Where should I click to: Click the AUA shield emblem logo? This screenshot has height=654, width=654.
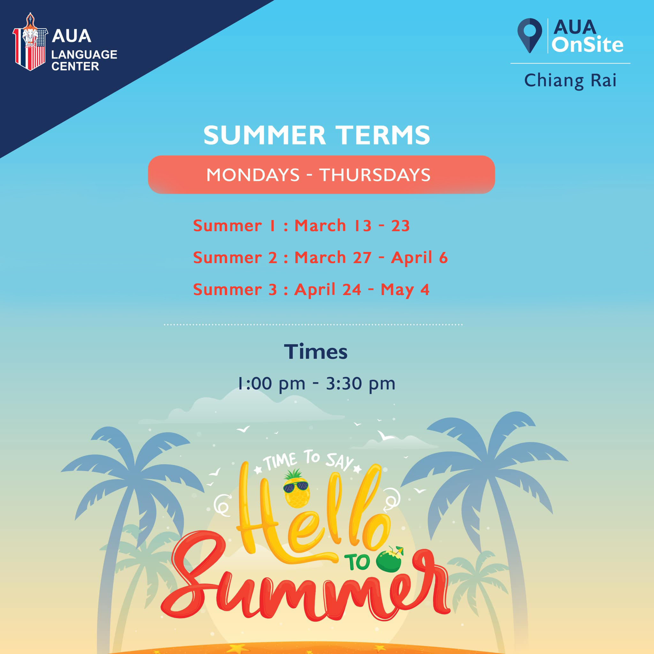point(30,42)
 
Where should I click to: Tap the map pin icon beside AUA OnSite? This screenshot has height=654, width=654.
point(530,35)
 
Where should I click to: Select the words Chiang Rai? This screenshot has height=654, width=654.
point(570,80)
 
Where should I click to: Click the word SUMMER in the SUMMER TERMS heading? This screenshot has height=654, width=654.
point(264,135)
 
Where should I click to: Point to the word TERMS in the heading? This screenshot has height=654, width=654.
point(383,135)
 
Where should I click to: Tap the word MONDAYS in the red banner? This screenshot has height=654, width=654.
point(253,175)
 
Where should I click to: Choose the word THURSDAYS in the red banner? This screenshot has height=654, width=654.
point(375,175)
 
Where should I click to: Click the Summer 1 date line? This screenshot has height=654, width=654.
point(301,225)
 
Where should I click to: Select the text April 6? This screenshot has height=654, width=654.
point(419,258)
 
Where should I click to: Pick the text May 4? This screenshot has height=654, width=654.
point(405,290)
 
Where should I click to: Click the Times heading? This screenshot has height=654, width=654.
point(316,351)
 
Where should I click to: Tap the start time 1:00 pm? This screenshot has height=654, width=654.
point(271,384)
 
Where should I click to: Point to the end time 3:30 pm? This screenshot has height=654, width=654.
point(361,384)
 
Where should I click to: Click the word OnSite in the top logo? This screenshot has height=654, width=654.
point(587,44)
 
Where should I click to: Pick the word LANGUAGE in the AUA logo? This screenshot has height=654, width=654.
point(84,55)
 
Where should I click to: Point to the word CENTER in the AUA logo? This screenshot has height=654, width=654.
point(75,66)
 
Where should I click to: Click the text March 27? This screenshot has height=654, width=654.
point(333,258)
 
